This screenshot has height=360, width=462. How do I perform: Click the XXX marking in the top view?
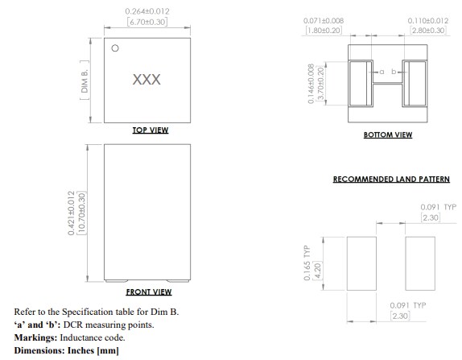point(146,81)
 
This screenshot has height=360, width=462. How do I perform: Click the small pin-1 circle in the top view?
point(115,48)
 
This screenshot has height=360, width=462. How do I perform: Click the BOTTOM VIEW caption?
point(387,134)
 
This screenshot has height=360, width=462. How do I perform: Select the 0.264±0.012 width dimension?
point(146,10)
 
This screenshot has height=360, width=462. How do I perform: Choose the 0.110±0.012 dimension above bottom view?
point(426,19)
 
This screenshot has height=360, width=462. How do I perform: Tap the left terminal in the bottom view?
point(361,82)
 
